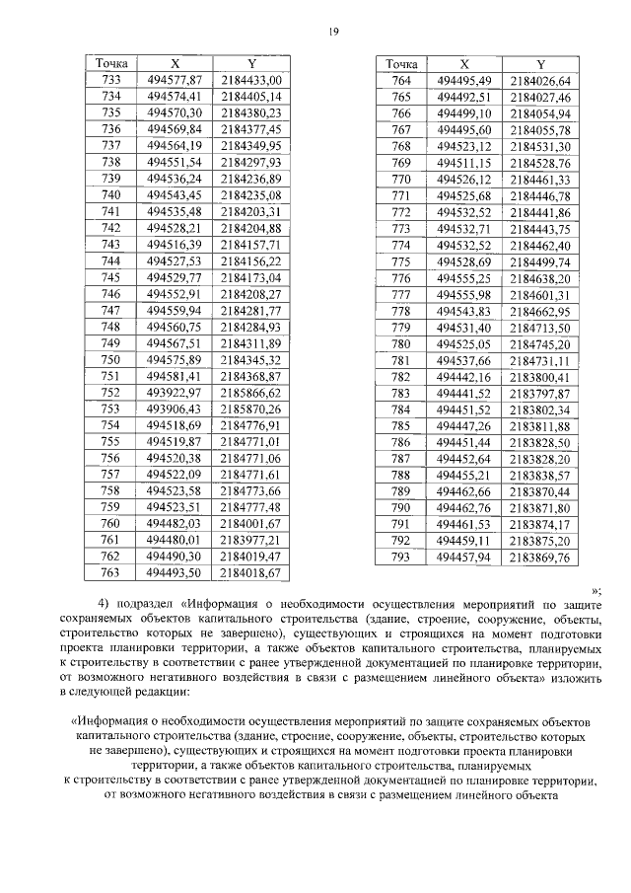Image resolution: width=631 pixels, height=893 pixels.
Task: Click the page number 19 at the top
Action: (333, 32)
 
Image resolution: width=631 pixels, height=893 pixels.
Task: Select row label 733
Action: (111, 80)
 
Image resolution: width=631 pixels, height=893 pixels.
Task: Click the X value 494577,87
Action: (175, 80)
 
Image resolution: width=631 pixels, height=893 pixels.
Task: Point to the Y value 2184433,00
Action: (250, 80)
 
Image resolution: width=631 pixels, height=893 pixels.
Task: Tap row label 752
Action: (111, 392)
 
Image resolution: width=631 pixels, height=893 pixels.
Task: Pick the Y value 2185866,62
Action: (250, 392)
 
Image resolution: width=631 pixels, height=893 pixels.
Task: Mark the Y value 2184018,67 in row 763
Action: (250, 571)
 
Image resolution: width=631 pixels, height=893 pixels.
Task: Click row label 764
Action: (401, 80)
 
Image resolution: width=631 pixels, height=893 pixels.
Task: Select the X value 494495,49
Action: (464, 80)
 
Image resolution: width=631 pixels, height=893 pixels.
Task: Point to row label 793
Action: (401, 557)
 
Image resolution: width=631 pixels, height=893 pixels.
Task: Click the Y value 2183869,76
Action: (540, 557)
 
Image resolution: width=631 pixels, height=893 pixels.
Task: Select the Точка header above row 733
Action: (111, 63)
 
